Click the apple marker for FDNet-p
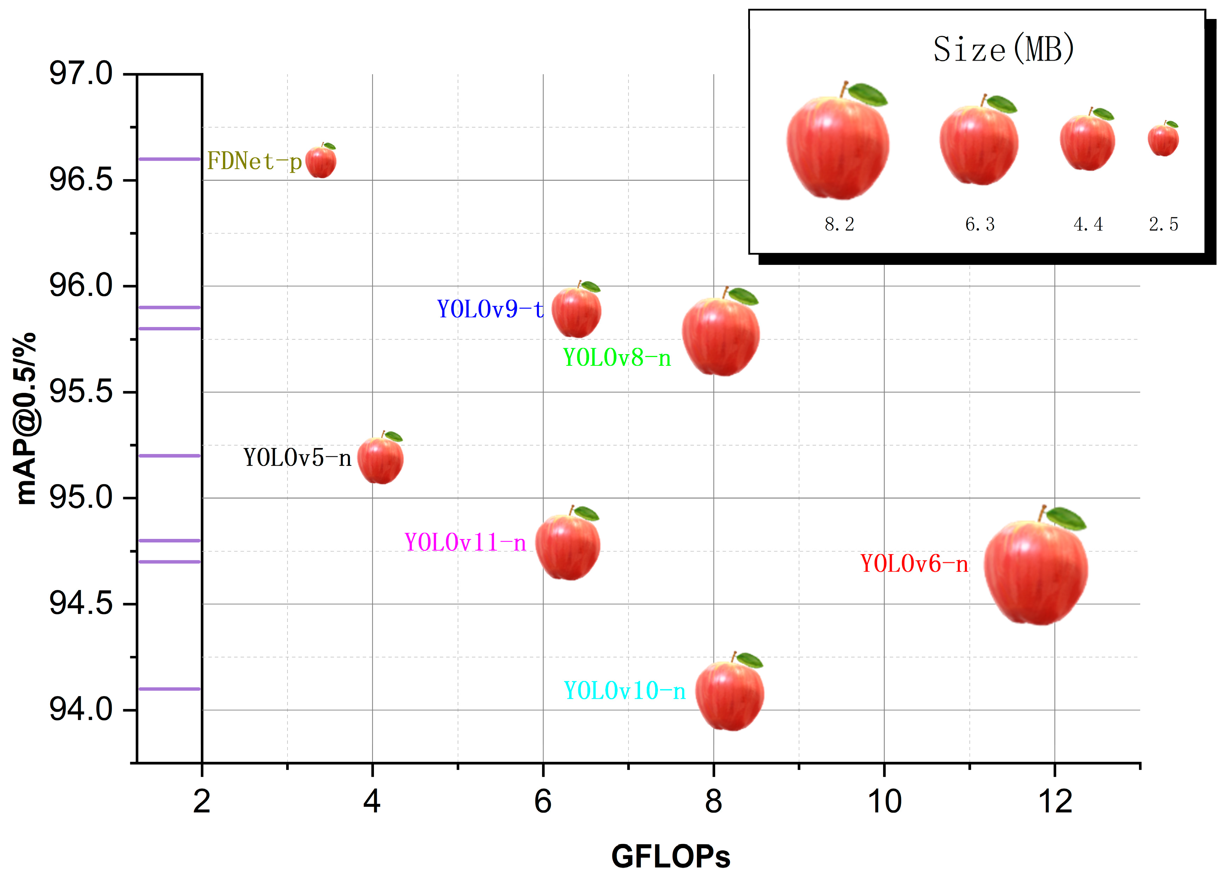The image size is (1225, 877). pos(321,162)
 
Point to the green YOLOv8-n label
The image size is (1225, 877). pos(617,357)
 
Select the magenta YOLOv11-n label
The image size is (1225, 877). pos(465,542)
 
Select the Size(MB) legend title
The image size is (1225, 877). pos(1004,49)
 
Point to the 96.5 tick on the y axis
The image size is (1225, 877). pos(81,180)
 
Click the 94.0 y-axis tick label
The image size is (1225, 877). pos(81,709)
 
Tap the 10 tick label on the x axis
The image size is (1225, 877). pos(884,801)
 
